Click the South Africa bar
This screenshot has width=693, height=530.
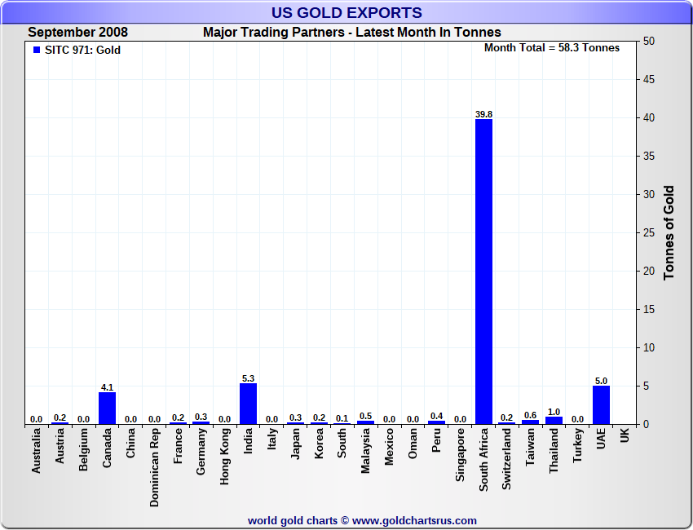(x=483, y=272)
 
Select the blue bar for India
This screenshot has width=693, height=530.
(x=248, y=404)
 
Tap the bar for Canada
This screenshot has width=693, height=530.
(x=107, y=408)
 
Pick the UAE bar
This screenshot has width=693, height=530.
(x=601, y=404)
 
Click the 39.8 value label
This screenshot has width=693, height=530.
(x=483, y=114)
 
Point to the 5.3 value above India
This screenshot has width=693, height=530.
(x=248, y=378)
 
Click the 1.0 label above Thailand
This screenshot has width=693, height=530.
(x=554, y=412)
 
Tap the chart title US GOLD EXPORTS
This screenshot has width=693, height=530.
(x=346, y=12)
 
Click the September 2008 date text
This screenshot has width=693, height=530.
(x=78, y=33)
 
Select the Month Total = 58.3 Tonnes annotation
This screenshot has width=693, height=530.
(x=551, y=48)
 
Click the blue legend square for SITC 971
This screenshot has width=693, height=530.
(x=36, y=50)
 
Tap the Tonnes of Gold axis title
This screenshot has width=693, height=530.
(x=669, y=233)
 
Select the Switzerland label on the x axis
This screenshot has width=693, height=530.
(x=507, y=459)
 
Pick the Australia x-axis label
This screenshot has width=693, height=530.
(x=36, y=452)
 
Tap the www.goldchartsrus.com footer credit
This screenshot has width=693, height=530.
(x=362, y=520)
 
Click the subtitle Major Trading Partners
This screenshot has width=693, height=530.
(x=351, y=33)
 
